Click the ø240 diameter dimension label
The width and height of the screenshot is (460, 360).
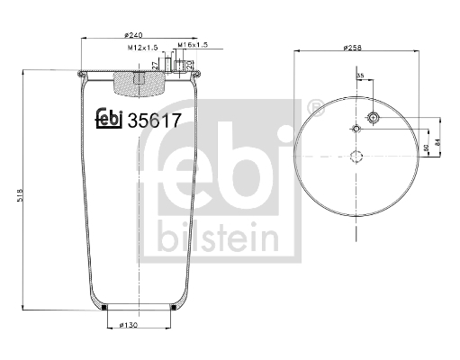[x=136, y=35]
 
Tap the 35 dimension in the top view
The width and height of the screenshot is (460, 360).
[x=361, y=77]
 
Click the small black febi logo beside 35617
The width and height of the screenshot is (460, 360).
[x=109, y=118]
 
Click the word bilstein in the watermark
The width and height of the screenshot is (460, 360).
[x=216, y=237]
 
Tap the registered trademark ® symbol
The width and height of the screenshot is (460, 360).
[x=315, y=108]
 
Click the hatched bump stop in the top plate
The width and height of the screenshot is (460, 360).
[x=139, y=85]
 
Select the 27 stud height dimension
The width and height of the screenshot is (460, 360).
[x=156, y=66]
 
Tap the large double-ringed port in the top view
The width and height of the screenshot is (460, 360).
[x=374, y=118]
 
